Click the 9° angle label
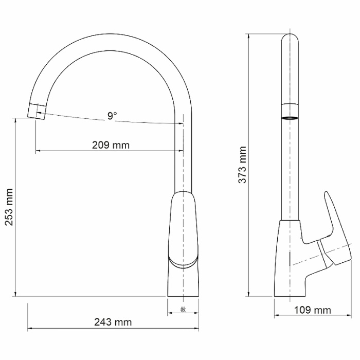coord(112,116)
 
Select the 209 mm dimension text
coord(111,145)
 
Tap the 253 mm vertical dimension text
coord(9,207)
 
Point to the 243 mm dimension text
coord(113,322)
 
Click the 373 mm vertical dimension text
coord(242,165)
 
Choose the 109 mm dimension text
coord(312,310)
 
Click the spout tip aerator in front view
coord(37,110)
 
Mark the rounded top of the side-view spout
coord(291,39)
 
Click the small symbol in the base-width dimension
coord(183,309)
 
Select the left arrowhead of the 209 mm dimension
coord(38,151)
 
